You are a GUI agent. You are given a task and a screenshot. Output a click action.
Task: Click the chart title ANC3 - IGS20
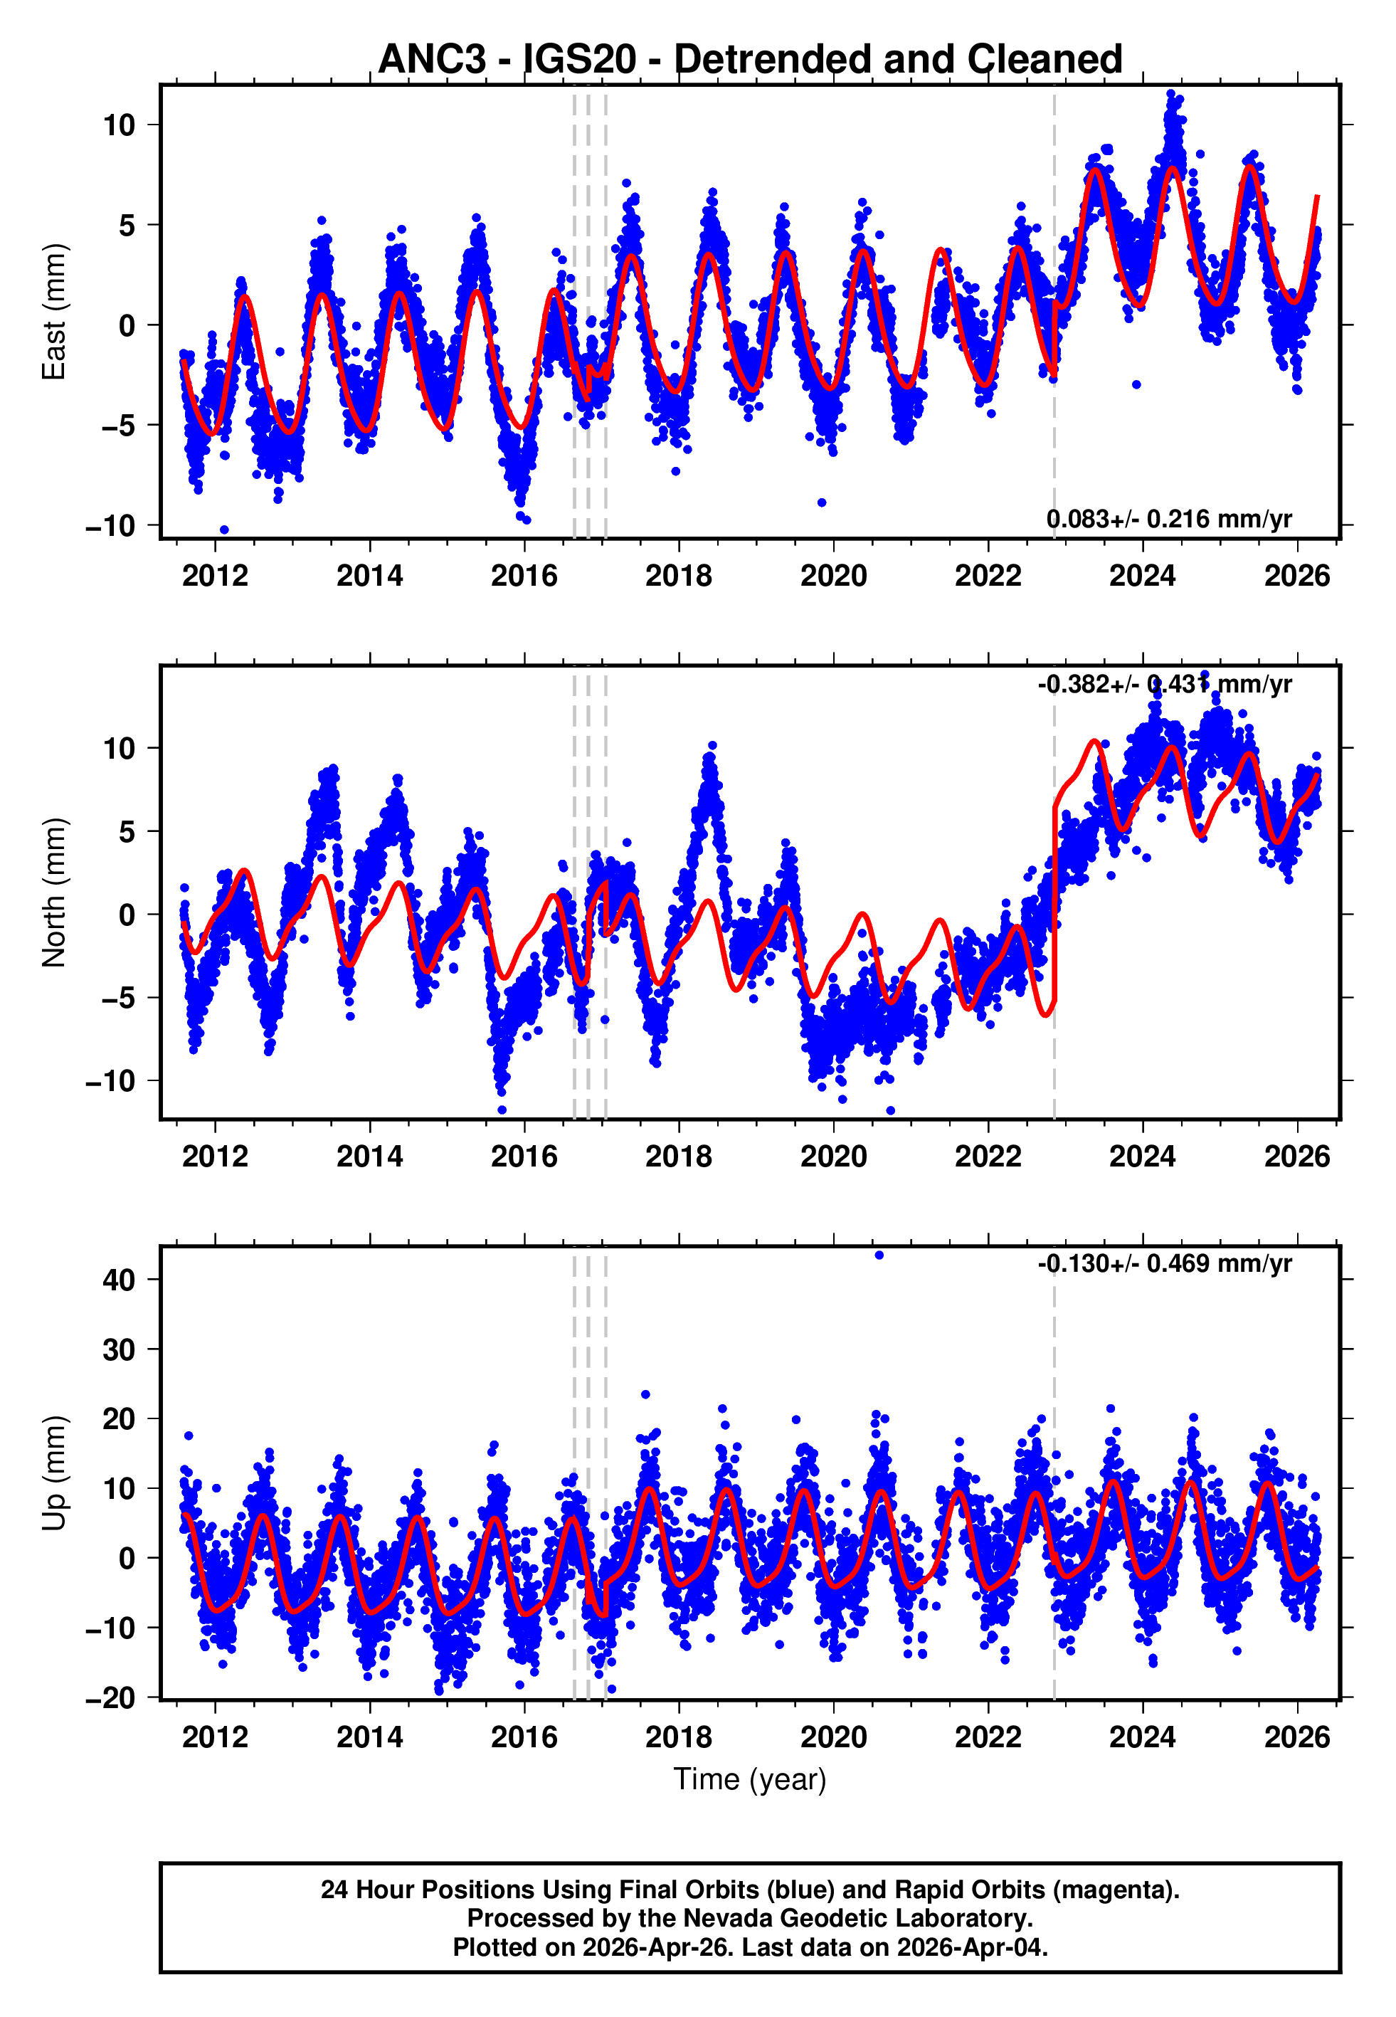pyautogui.click(x=750, y=60)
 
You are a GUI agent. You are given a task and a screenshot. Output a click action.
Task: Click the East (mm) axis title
pyautogui.click(x=54, y=312)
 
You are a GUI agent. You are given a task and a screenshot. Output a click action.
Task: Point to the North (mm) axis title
pyautogui.click(x=54, y=892)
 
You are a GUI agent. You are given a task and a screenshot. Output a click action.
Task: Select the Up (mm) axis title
pyautogui.click(x=54, y=1473)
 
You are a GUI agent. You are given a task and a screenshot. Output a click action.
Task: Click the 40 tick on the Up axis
pyautogui.click(x=119, y=1280)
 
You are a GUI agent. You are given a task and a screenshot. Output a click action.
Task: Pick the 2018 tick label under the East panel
pyautogui.click(x=679, y=576)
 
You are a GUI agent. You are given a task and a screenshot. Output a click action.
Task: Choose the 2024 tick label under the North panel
pyautogui.click(x=1142, y=1157)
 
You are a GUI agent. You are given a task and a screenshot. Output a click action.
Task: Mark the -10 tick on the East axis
pyautogui.click(x=111, y=526)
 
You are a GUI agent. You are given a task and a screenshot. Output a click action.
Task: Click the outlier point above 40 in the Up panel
pyautogui.click(x=879, y=1255)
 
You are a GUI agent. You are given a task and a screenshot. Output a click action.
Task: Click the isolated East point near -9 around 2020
pyautogui.click(x=821, y=502)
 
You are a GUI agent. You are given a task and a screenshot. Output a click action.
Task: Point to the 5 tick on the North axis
pyautogui.click(x=127, y=831)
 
